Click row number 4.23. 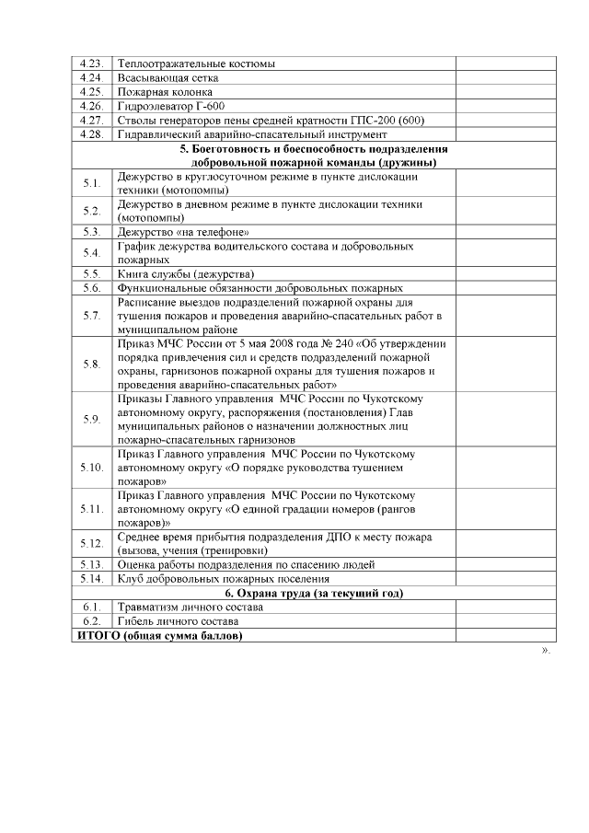90,64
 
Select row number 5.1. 90,183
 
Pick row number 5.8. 90,364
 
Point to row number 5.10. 90,467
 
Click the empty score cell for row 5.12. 506,543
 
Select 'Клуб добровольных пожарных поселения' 224,578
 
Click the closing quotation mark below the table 545,651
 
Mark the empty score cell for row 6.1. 506,607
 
